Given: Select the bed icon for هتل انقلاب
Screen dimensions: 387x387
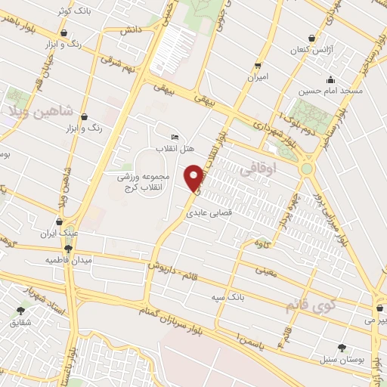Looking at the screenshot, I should pyautogui.click(x=175, y=137).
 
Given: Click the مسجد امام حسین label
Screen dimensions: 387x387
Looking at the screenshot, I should pyautogui.click(x=330, y=91).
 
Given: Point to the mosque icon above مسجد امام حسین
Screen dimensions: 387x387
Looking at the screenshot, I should pyautogui.click(x=330, y=80).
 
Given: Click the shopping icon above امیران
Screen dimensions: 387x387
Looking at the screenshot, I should pyautogui.click(x=258, y=65).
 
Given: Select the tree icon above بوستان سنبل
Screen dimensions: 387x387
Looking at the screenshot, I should pyautogui.click(x=342, y=348).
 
